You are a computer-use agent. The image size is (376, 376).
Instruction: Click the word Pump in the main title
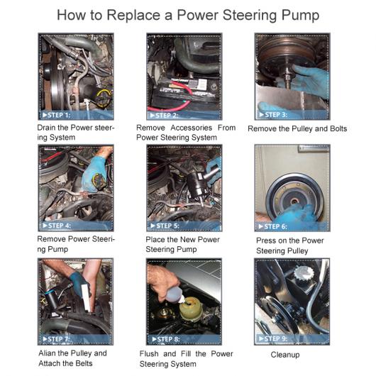pos(300,16)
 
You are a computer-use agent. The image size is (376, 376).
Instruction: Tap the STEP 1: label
pos(56,115)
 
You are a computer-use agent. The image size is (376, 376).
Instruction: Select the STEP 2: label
pos(165,116)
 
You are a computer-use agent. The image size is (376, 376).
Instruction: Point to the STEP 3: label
pos(273,115)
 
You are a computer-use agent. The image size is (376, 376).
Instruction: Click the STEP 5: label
pos(165,226)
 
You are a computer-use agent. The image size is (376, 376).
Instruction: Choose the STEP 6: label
pos(272,226)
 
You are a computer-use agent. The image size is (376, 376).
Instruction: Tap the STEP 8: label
pos(166,339)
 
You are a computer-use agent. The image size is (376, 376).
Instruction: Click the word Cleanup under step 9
pos(285,355)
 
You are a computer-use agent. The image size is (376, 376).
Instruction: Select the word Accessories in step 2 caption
pos(191,128)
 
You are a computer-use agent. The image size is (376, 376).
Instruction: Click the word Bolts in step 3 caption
pos(338,128)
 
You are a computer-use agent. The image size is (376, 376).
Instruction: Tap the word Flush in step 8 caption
pos(149,354)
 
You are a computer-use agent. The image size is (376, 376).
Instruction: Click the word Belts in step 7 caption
pos(84,363)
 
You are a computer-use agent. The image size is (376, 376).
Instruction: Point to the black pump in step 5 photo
pos(197,185)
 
